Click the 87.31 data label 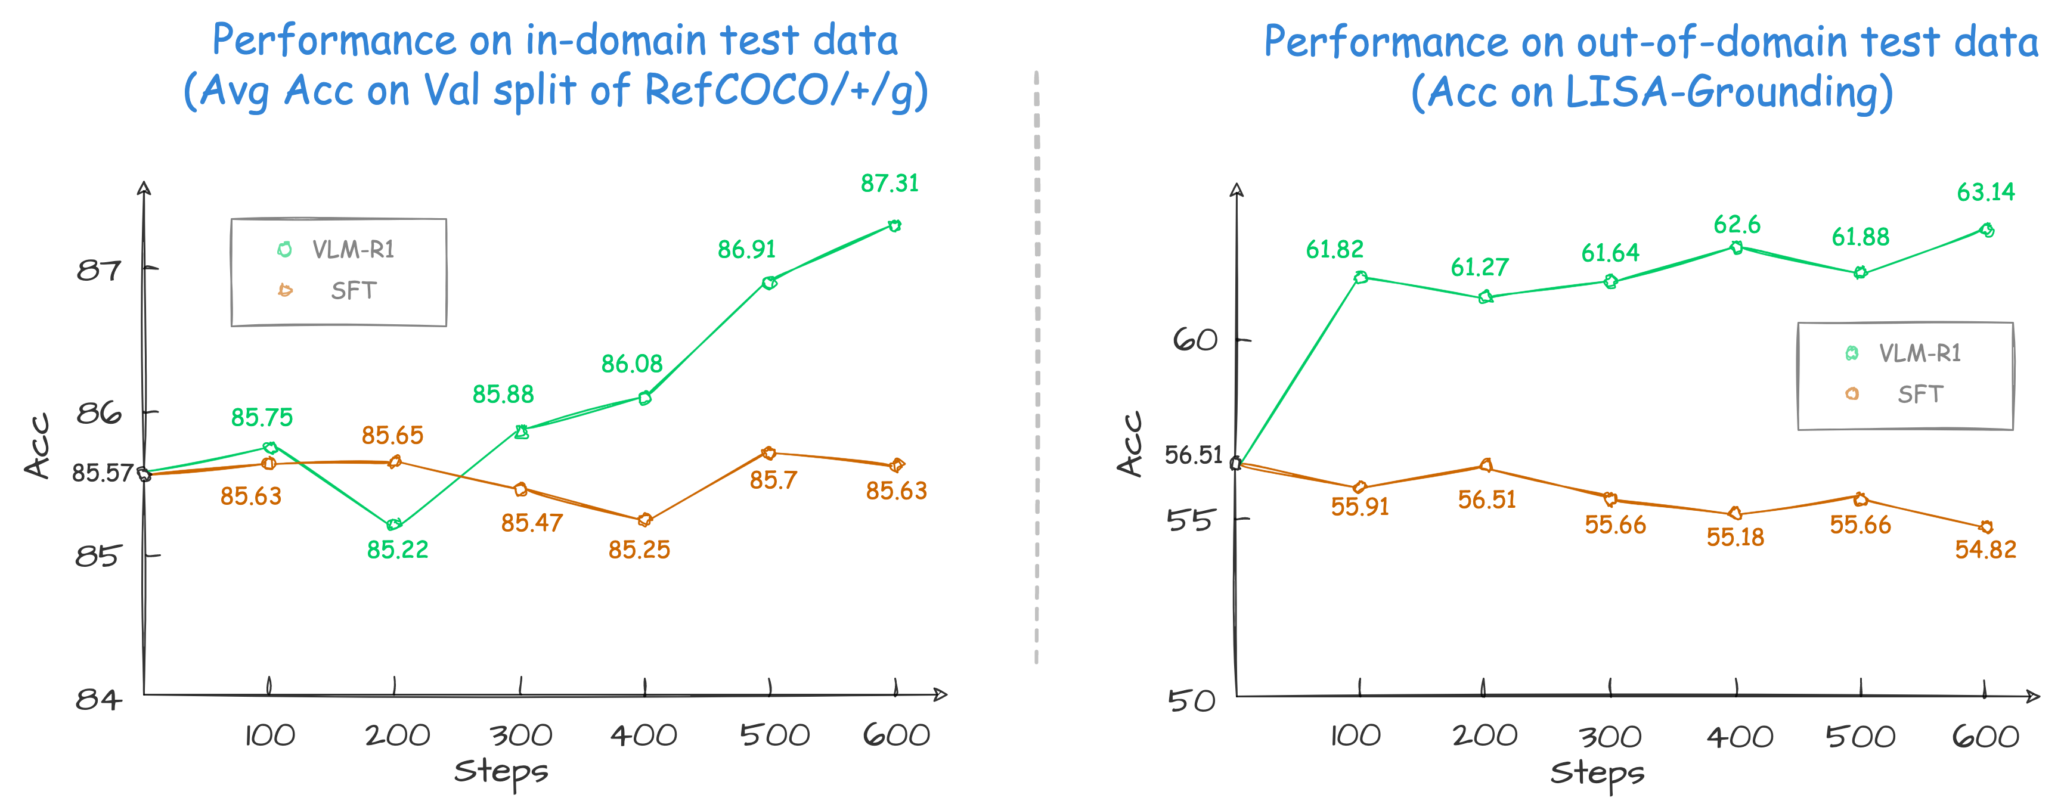pos(890,184)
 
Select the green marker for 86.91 pos(769,283)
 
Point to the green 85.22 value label pos(398,550)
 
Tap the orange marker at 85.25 pos(645,520)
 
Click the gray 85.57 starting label pos(102,473)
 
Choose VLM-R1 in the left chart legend pos(352,250)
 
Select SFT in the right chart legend pos(1920,394)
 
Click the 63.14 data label pos(1985,193)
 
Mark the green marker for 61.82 pos(1360,277)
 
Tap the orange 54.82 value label pos(1985,550)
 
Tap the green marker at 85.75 pos(270,447)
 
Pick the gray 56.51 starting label pos(1193,455)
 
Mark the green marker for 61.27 pos(1485,297)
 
